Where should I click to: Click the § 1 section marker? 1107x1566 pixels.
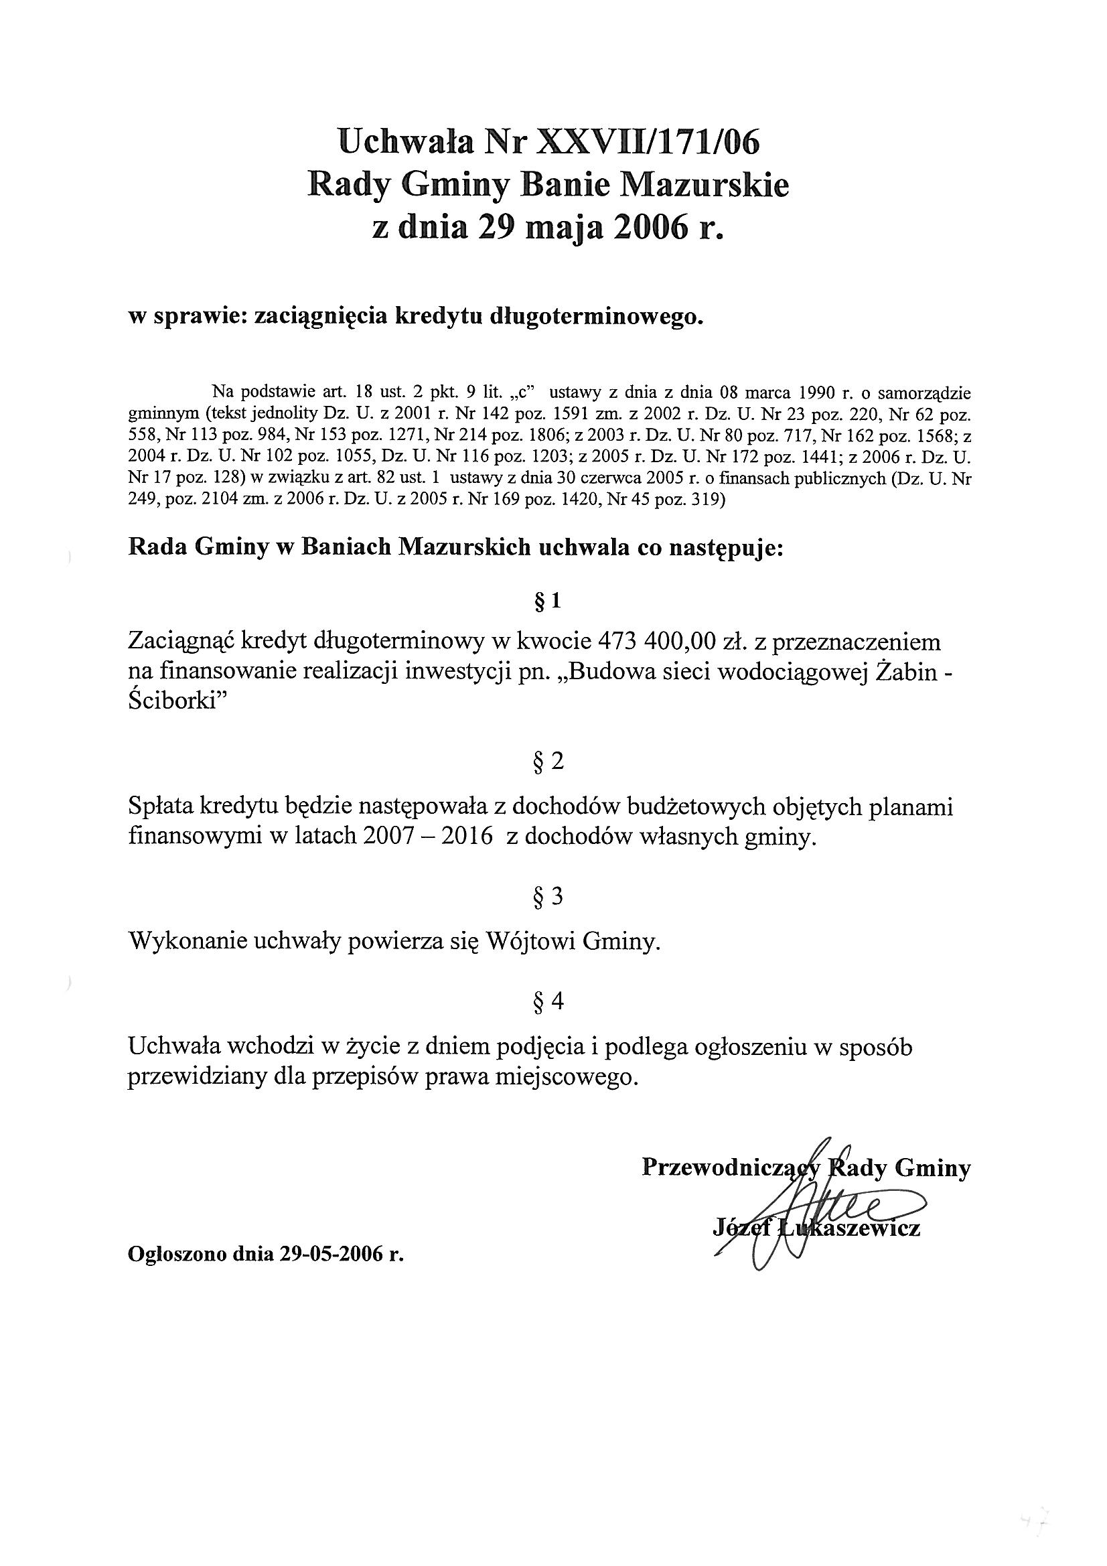pos(548,601)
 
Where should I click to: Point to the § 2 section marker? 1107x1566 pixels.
pos(548,762)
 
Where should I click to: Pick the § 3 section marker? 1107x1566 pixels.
pos(548,897)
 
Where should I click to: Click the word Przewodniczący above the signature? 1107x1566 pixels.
pos(730,1168)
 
